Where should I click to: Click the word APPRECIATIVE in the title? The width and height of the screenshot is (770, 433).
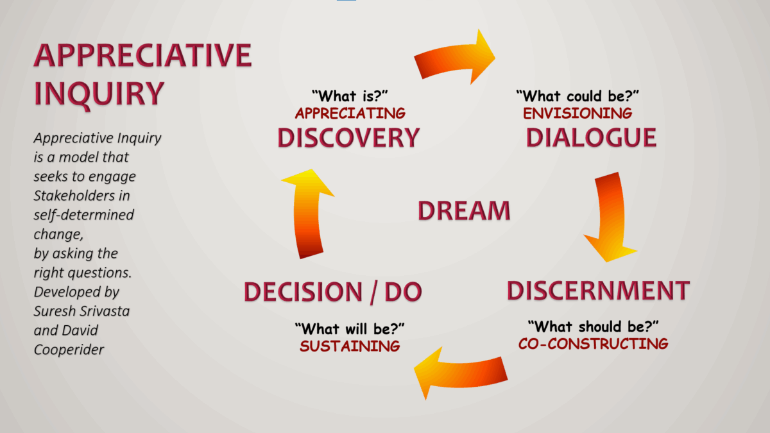pos(143,55)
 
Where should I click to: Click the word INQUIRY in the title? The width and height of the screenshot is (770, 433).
pos(99,94)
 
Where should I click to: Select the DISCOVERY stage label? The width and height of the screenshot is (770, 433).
pos(348,138)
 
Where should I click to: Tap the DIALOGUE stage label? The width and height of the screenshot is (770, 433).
pos(591,138)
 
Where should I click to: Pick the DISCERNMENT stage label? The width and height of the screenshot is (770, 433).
pos(599,291)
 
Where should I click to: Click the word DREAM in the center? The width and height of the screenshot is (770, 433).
pos(464,210)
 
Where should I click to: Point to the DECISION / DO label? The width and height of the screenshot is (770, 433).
pos(333,292)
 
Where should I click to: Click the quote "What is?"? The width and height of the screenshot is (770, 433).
pos(350,96)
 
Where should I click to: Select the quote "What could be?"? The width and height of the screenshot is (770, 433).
pos(577,96)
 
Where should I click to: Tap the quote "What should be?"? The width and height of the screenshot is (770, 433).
pos(594,327)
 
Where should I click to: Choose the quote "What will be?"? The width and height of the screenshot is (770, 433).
pos(350,329)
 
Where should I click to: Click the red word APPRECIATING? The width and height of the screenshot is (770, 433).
pos(350,114)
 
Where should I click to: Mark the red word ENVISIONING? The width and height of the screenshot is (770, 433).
pos(577,114)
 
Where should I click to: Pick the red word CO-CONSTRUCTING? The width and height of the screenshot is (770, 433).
pos(594,344)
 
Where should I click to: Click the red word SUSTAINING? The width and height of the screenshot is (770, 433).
pos(350,346)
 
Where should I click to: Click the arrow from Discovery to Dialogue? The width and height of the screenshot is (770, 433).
pos(454,59)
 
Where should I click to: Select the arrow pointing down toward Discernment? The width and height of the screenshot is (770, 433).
pos(612,217)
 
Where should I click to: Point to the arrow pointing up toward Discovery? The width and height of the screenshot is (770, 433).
pos(307,213)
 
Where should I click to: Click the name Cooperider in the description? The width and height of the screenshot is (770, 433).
pos(69,350)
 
